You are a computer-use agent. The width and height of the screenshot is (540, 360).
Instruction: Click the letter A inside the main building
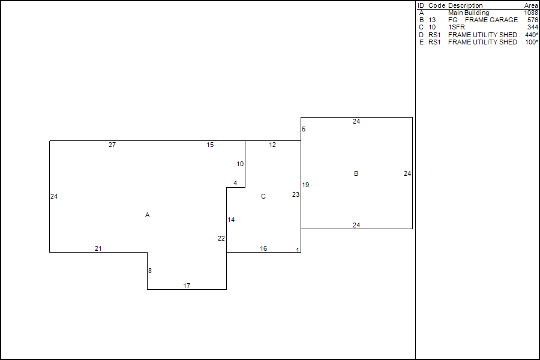pos(147,215)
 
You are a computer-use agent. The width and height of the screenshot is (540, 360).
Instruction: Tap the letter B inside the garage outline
pos(356,173)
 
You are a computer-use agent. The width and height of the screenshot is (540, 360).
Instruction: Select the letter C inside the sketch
pos(263,196)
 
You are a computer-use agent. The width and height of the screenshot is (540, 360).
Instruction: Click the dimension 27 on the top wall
pos(112,145)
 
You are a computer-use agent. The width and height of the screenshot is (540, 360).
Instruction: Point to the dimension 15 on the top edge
pos(210,145)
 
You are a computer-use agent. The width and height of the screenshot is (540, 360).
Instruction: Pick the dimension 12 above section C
pos(272,145)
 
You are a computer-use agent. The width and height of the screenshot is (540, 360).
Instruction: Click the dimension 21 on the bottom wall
pos(98,248)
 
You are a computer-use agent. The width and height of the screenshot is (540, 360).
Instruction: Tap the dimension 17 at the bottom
pos(187,286)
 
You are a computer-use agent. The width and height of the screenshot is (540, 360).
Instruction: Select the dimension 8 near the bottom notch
pos(150,271)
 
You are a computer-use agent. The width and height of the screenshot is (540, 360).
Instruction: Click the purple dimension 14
pos(231,220)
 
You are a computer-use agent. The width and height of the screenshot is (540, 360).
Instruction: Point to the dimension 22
pos(221,238)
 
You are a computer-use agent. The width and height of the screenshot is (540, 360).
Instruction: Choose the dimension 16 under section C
pos(263,248)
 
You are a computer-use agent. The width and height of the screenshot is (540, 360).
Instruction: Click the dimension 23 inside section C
pos(296,194)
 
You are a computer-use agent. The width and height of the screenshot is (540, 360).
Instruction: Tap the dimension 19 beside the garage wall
pos(305,185)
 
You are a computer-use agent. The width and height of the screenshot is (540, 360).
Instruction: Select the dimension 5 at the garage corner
pos(304,129)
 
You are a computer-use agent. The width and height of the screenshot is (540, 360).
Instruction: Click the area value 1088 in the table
pos(530,13)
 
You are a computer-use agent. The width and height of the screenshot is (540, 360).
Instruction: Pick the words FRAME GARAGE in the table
pos(491,20)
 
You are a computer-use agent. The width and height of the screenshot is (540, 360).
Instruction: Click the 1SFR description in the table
pos(456,27)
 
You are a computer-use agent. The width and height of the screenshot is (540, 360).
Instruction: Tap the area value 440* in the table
pos(531,35)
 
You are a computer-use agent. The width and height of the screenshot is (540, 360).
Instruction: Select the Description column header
pos(465,5)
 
